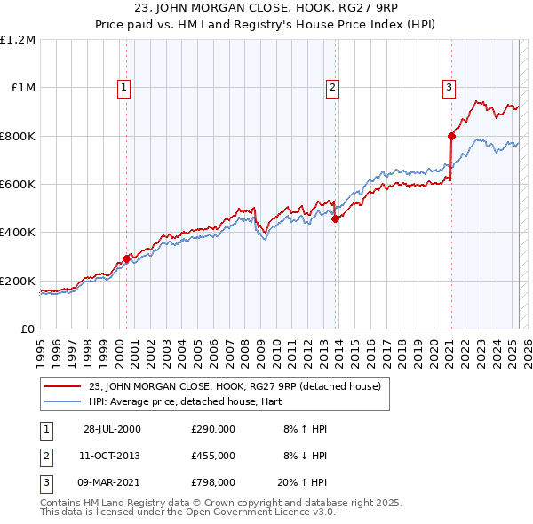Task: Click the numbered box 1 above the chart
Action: click(123, 87)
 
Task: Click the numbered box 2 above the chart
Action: click(331, 87)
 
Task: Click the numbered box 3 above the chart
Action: click(449, 87)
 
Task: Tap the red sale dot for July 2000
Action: click(126, 258)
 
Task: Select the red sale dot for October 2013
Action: click(335, 219)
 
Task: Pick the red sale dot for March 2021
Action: click(450, 137)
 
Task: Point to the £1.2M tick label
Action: click(18, 40)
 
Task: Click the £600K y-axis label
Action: click(18, 184)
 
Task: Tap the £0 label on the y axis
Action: click(28, 329)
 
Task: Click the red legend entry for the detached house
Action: click(235, 386)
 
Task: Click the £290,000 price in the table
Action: click(213, 429)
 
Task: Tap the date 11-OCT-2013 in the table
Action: click(110, 456)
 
